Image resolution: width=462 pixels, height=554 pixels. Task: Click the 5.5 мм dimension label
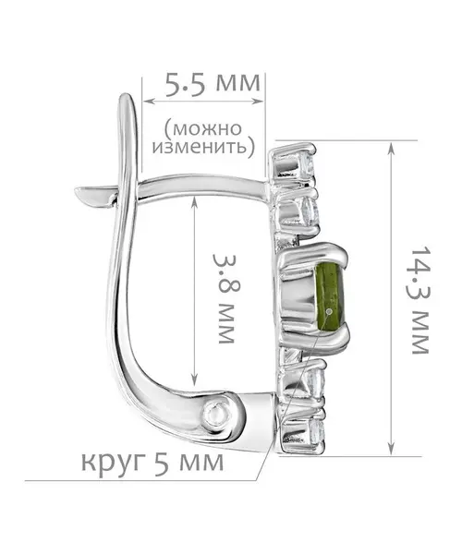213,85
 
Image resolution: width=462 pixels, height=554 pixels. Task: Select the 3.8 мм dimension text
223,298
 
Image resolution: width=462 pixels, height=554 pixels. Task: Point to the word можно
203,129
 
